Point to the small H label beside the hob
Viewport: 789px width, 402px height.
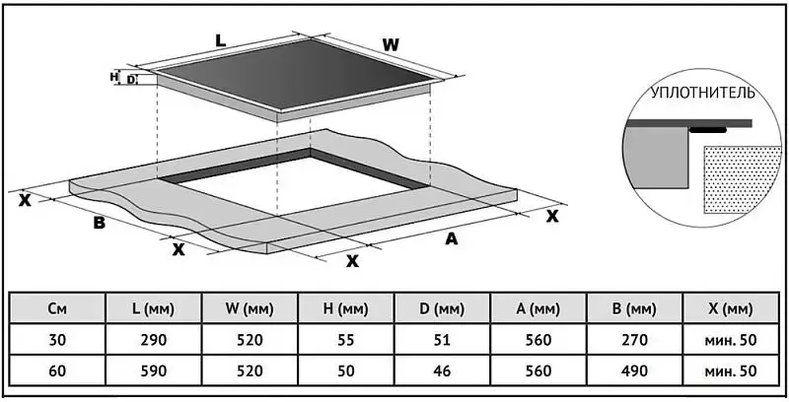tap(114, 77)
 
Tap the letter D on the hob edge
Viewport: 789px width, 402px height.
tap(131, 79)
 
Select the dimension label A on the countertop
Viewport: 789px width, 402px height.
tap(452, 239)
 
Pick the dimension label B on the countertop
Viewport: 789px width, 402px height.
tap(99, 223)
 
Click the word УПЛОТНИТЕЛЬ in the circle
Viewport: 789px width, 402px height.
tap(701, 94)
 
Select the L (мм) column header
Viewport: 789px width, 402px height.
tap(153, 309)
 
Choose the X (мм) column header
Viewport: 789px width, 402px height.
tap(730, 309)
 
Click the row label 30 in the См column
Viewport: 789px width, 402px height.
tap(57, 340)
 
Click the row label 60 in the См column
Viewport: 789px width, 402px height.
tap(57, 370)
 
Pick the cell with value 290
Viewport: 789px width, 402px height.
tap(153, 340)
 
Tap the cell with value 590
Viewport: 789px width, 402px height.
tap(153, 370)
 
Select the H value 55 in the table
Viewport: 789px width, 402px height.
tap(345, 340)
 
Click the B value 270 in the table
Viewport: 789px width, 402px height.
tap(633, 340)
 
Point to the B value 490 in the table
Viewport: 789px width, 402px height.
tap(633, 370)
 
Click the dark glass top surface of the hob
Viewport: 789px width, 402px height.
tap(296, 79)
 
